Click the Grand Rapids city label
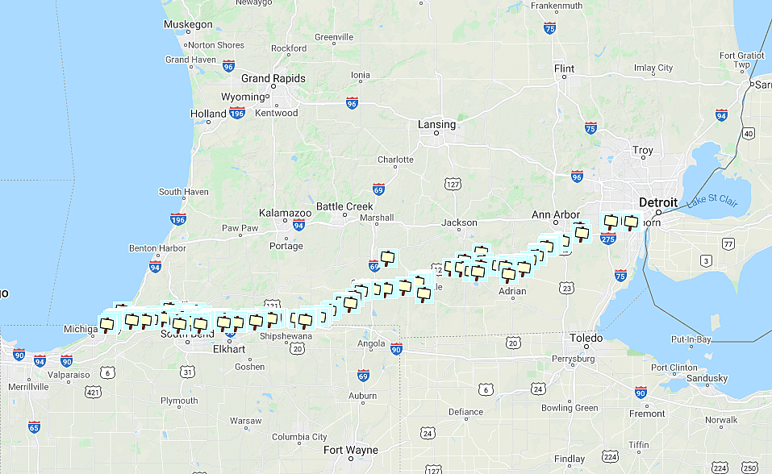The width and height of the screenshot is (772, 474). pos(273,78)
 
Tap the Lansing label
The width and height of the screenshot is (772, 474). pos(436,124)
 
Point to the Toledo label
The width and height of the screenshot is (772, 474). pos(586,337)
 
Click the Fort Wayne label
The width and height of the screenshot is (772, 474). pos(349,450)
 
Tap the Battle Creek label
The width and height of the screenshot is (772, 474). pos(344,206)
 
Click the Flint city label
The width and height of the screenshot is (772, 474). pos(564,69)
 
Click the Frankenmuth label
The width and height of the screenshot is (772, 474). pos(557,6)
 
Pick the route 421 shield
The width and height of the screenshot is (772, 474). pos(94,392)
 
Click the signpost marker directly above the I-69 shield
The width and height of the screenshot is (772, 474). pos(388,257)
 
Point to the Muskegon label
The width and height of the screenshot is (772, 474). pos(187,24)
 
